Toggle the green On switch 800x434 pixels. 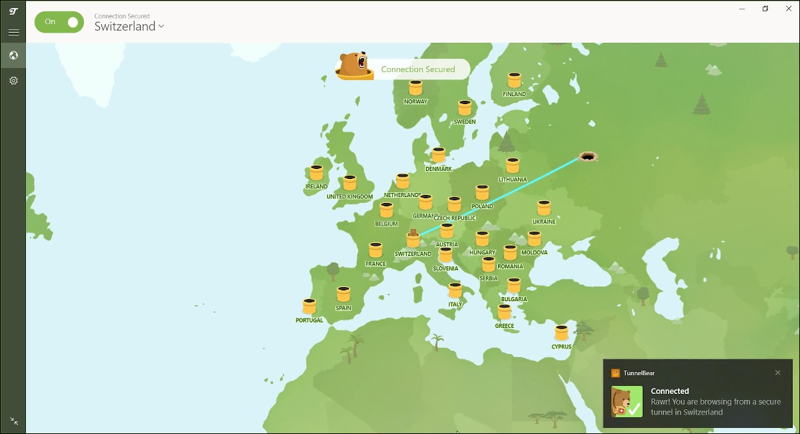pyautogui.click(x=59, y=22)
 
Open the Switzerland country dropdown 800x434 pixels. pyautogui.click(x=129, y=27)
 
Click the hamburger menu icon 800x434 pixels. pyautogui.click(x=13, y=32)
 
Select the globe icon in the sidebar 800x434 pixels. pyautogui.click(x=13, y=55)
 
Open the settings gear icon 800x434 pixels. pyautogui.click(x=13, y=81)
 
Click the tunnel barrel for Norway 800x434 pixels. pyautogui.click(x=415, y=87)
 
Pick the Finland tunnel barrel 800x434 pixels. pyautogui.click(x=514, y=80)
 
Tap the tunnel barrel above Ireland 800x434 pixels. pyautogui.click(x=316, y=173)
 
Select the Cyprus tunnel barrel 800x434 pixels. pyautogui.click(x=561, y=333)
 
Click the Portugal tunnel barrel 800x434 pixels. pyautogui.click(x=309, y=306)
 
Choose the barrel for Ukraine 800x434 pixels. pyautogui.click(x=544, y=208)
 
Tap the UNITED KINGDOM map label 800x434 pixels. pyautogui.click(x=349, y=197)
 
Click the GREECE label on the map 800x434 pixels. pyautogui.click(x=504, y=326)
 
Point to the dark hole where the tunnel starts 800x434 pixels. pyautogui.click(x=587, y=156)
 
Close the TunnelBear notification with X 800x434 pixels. pyautogui.click(x=777, y=373)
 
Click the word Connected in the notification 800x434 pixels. pyautogui.click(x=669, y=391)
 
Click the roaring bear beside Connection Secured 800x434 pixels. pyautogui.click(x=354, y=66)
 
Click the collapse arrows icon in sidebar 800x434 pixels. pyautogui.click(x=14, y=421)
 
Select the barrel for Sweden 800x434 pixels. pyautogui.click(x=465, y=108)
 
